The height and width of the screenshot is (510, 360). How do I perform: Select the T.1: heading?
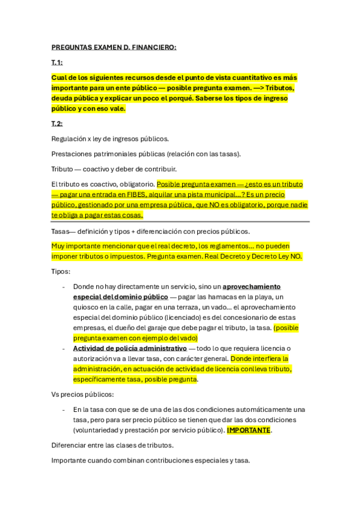click(x=57, y=63)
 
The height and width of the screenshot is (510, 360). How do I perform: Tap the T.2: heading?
click(x=57, y=123)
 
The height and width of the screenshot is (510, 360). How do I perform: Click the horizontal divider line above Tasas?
click(x=180, y=222)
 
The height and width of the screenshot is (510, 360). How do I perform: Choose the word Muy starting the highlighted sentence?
click(x=58, y=246)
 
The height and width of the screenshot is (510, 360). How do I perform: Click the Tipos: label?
click(x=61, y=271)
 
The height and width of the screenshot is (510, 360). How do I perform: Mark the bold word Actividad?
click(x=91, y=348)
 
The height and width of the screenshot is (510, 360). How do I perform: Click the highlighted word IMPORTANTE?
click(x=249, y=430)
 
